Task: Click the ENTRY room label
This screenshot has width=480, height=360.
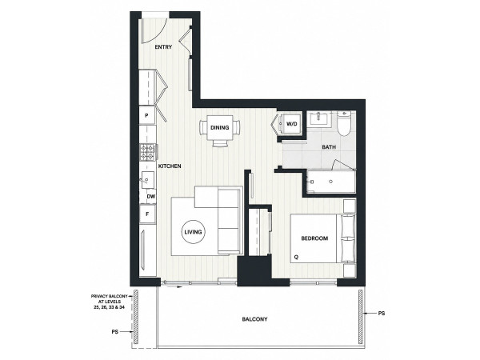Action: (163, 47)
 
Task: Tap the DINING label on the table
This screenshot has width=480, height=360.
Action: (219, 128)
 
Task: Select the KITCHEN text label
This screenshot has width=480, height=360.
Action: (170, 166)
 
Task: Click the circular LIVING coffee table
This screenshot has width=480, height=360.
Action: (193, 232)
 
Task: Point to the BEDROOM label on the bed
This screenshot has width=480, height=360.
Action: (314, 238)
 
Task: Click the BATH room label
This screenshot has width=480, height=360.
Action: (329, 147)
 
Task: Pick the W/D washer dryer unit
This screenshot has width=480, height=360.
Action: (291, 124)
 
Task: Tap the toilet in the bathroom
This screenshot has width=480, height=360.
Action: (344, 124)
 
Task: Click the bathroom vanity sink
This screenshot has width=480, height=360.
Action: (319, 118)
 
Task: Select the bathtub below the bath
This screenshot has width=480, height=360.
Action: (330, 182)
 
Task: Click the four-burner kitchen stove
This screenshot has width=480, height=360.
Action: (148, 153)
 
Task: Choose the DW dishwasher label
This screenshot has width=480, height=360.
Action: (151, 197)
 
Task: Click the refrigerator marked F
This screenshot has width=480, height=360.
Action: (147, 214)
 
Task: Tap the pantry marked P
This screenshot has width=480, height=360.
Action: (147, 115)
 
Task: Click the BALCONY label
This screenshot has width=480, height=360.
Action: (254, 319)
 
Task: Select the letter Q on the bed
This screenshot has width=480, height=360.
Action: (296, 258)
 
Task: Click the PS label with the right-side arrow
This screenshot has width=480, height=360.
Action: (382, 314)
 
